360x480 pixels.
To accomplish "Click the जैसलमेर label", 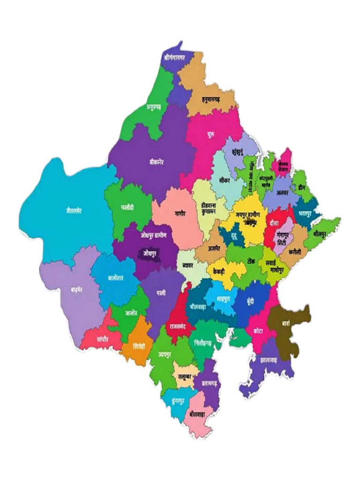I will click(x=74, y=210).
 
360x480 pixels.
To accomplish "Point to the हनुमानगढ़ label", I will click(x=208, y=100).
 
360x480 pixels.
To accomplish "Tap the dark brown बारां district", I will click(x=288, y=323).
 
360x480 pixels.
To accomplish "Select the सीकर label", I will click(x=224, y=180).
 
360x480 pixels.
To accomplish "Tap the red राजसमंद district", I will click(x=179, y=324).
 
